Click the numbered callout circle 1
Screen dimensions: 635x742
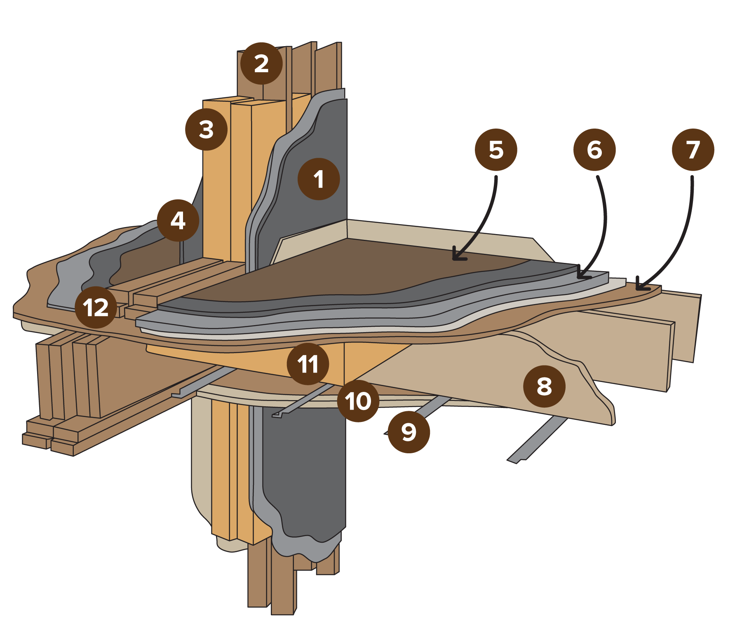pos(319,179)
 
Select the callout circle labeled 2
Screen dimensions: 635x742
pos(261,63)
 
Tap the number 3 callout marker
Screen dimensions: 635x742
pos(206,129)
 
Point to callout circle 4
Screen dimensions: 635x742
pos(178,220)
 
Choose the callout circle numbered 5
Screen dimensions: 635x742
pos(496,150)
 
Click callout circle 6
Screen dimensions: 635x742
pos(594,150)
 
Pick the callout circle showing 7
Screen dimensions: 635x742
pos(693,150)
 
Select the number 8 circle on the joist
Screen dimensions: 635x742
pos(544,387)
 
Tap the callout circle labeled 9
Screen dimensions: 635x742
pos(409,432)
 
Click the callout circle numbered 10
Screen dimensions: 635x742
pos(358,401)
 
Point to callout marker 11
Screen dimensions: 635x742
pos(308,364)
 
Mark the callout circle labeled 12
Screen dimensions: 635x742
pos(96,307)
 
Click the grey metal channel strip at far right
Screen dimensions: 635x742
pos(536,441)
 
